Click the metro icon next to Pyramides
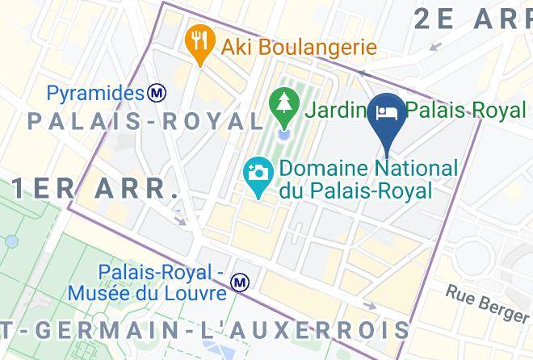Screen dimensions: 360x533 pos(157,94)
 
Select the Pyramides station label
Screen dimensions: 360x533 pos(94,94)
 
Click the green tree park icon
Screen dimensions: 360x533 pos(283,104)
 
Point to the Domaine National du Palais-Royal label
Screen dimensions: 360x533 pos(367,179)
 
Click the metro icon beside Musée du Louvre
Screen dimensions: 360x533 pos(239,283)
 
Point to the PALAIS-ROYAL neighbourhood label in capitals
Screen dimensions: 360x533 pos(145,121)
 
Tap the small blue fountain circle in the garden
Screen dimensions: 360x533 pos(283,132)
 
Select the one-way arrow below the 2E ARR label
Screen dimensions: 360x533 pos(436,46)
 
